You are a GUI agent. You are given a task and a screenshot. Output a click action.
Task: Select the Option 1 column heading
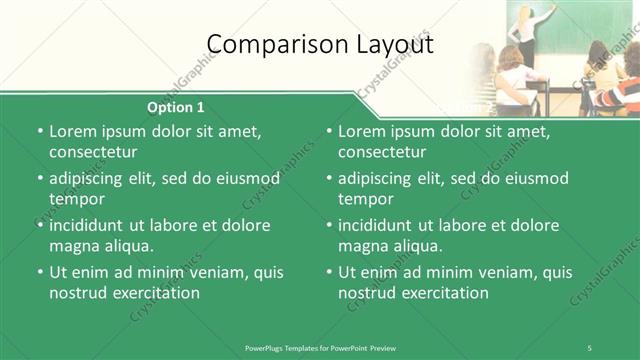click(x=176, y=107)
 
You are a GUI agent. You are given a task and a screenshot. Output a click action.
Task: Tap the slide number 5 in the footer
click(x=589, y=347)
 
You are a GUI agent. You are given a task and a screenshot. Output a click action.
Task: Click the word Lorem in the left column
click(x=72, y=131)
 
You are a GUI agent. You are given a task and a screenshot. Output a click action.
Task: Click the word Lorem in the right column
click(x=362, y=131)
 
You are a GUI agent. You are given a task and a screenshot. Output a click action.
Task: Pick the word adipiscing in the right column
click(x=381, y=178)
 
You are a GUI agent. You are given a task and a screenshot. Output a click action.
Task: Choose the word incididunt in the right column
click(x=383, y=225)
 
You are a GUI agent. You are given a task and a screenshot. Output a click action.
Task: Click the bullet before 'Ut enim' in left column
click(x=39, y=272)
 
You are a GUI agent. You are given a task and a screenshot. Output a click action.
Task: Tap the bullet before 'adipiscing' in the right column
click(x=329, y=178)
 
